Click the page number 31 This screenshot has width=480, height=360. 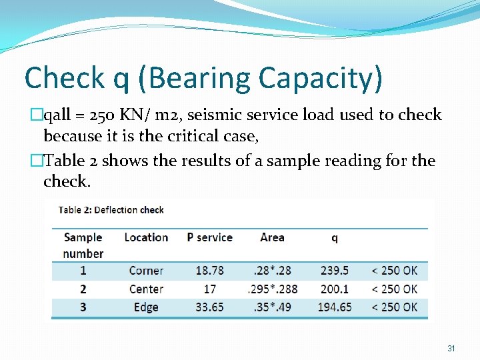451,349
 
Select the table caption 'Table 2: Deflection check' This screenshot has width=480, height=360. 111,210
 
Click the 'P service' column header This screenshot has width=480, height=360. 209,237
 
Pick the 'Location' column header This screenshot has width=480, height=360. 146,237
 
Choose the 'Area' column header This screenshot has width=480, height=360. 272,237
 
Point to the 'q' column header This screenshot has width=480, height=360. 334,237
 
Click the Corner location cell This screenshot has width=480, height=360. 146,271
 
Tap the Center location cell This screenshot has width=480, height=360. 146,289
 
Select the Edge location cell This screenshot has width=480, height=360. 146,307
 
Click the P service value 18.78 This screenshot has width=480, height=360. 209,271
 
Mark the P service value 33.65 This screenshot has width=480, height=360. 209,307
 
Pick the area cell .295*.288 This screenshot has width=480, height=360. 272,289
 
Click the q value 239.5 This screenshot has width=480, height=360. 334,271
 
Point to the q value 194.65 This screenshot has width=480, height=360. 334,307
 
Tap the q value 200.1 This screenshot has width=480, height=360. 334,289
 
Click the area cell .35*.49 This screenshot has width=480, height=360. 272,307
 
